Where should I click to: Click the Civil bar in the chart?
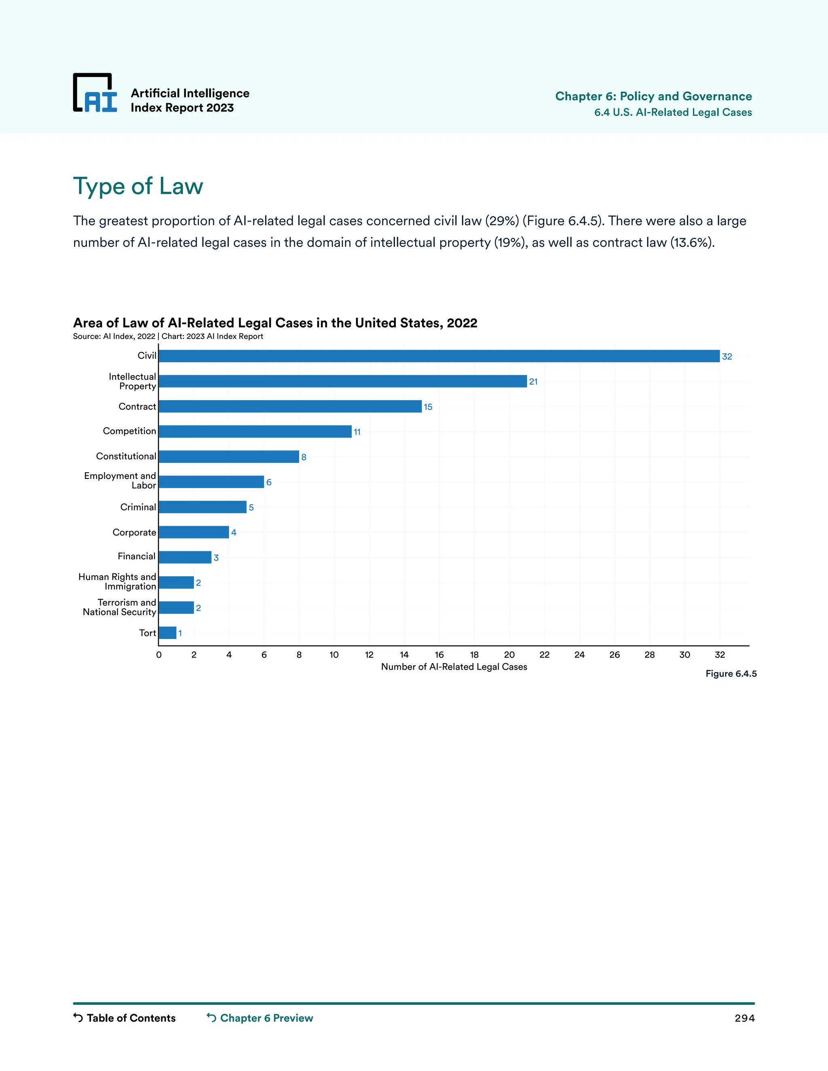coord(439,356)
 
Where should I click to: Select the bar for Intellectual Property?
coord(342,381)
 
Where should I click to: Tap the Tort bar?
coord(167,632)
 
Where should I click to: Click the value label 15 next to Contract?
coord(428,407)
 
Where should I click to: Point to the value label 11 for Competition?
coord(357,432)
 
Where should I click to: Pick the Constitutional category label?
coord(126,456)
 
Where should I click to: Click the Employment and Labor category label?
coord(120,481)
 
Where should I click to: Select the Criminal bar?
coord(202,507)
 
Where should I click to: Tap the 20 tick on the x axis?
coord(509,655)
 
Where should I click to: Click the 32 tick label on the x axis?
coord(720,655)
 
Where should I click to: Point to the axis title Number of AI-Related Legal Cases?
coord(454,667)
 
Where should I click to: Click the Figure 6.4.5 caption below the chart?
coord(731,674)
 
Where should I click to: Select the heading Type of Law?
coord(138,186)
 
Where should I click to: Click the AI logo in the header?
coord(95,93)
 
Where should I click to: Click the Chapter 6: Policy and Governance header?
coord(653,96)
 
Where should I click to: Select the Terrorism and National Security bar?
coord(176,607)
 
